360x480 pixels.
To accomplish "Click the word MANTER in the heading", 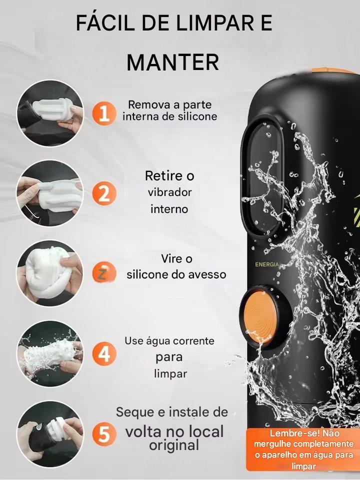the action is pyautogui.click(x=172, y=62).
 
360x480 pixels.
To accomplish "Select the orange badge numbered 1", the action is pyautogui.click(x=104, y=113).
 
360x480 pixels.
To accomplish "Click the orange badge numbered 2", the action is pyautogui.click(x=104, y=193).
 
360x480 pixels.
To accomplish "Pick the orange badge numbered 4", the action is pyautogui.click(x=104, y=353).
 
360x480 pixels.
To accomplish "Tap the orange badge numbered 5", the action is pyautogui.click(x=104, y=434).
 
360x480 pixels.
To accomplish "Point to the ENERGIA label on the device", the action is pyautogui.click(x=267, y=264).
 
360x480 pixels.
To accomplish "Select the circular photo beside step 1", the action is pyautogui.click(x=50, y=113).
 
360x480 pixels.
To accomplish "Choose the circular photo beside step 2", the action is pyautogui.click(x=50, y=193).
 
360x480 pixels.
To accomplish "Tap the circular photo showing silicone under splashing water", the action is pyautogui.click(x=50, y=353).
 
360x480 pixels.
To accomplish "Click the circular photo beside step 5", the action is pyautogui.click(x=50, y=434).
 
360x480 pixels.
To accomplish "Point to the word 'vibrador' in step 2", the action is pyautogui.click(x=169, y=192).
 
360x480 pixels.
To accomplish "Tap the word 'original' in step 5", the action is pyautogui.click(x=174, y=445).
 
